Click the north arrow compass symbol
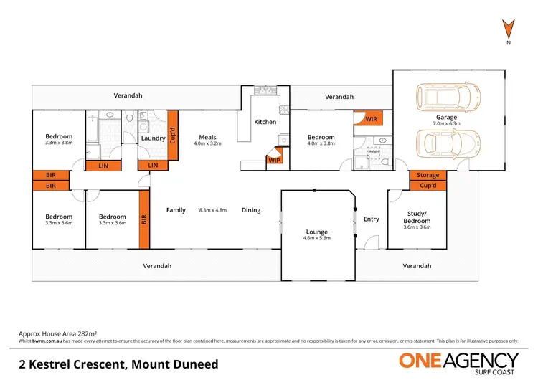click(507, 30)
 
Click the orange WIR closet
click(372, 119)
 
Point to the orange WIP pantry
click(274, 161)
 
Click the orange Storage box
click(428, 175)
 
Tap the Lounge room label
click(316, 232)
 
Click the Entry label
click(371, 219)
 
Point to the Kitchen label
click(265, 122)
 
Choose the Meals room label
click(207, 137)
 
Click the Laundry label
click(154, 138)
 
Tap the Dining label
click(251, 210)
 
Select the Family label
click(176, 210)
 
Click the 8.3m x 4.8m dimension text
click(213, 210)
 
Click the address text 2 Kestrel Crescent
click(118, 364)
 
